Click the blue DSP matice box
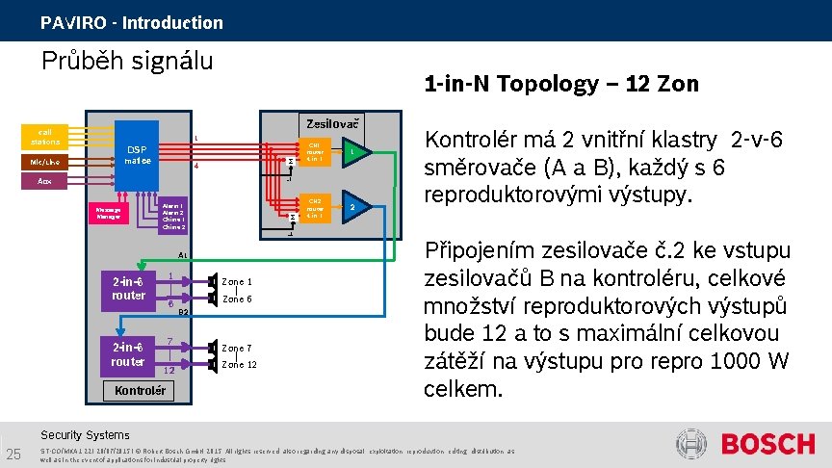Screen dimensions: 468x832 click(139, 154)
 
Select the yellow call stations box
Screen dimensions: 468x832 click(45, 136)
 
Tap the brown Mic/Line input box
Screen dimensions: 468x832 click(45, 162)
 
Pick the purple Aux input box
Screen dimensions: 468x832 click(45, 180)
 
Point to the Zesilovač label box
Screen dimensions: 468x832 click(332, 123)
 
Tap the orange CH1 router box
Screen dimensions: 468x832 click(315, 151)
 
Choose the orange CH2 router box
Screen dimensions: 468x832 click(315, 207)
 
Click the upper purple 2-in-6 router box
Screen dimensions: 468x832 click(128, 289)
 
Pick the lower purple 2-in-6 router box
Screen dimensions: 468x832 click(128, 354)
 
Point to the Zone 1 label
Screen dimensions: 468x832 click(237, 281)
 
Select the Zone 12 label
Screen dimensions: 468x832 click(239, 365)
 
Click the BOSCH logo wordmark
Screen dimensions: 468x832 click(767, 444)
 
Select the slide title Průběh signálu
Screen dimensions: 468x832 click(127, 62)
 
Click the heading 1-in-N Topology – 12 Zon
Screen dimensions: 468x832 click(561, 84)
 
